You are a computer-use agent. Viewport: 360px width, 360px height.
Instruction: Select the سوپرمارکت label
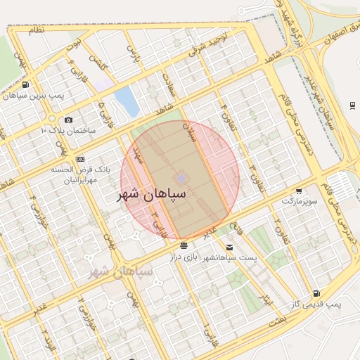300,201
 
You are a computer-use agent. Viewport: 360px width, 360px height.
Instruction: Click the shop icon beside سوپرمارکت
299,191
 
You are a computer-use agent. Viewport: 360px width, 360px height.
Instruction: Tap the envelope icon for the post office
230,247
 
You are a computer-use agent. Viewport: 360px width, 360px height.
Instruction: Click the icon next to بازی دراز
184,246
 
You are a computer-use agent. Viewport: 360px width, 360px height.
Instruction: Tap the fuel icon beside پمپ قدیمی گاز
316,293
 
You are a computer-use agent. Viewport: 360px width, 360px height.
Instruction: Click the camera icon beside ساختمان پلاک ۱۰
68,120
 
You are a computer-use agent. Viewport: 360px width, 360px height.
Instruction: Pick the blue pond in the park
127,101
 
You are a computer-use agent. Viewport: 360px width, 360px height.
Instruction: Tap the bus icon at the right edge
352,105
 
